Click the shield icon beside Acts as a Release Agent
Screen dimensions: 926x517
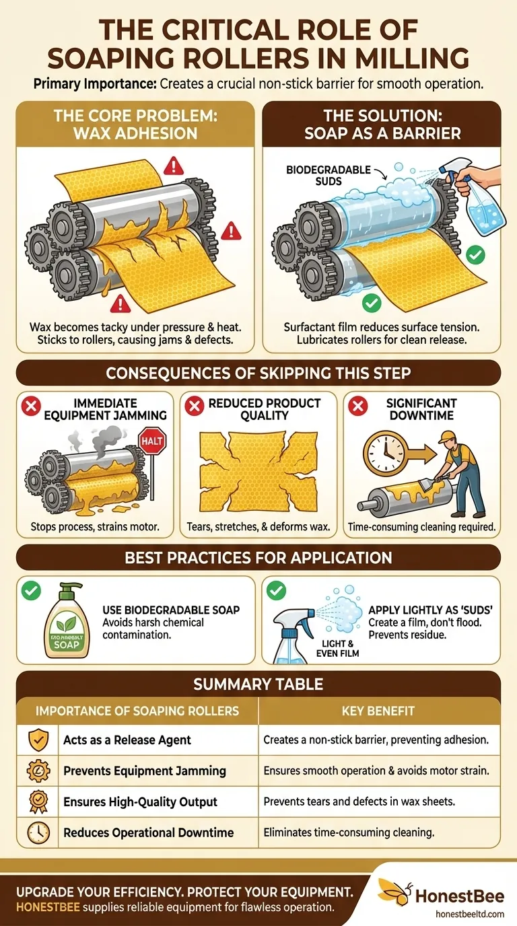click(x=38, y=740)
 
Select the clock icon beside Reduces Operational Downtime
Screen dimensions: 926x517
click(x=38, y=833)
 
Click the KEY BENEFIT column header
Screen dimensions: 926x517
click(x=379, y=711)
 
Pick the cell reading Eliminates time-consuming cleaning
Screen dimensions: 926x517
click(x=349, y=833)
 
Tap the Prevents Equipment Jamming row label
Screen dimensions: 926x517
click(x=144, y=771)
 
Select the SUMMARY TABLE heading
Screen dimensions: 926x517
click(x=258, y=685)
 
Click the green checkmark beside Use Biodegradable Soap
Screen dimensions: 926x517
click(x=31, y=592)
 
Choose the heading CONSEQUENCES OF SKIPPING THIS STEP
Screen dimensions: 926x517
click(x=258, y=372)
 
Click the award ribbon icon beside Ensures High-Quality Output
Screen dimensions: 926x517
click(x=38, y=802)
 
